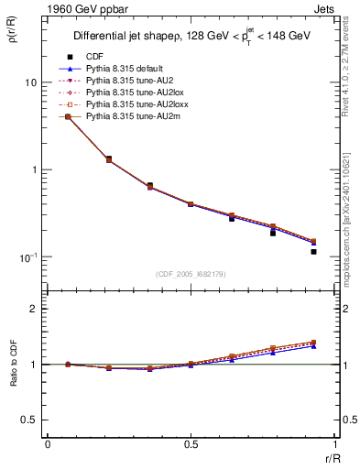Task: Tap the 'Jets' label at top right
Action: pos(324,8)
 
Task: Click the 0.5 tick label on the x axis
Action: pos(191,445)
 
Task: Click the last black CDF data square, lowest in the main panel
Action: pos(313,251)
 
